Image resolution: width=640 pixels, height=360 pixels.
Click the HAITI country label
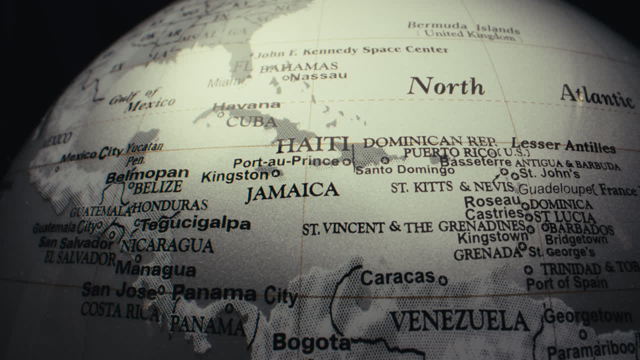pyautogui.click(x=313, y=145)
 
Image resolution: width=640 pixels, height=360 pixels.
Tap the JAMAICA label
pyautogui.click(x=292, y=191)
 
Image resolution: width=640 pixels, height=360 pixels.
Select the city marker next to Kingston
pyautogui.click(x=275, y=173)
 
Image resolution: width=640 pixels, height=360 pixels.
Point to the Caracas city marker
pyautogui.click(x=442, y=280)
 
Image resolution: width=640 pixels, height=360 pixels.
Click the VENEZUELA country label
pyautogui.click(x=459, y=321)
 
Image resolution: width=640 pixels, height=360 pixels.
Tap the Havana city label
pyautogui.click(x=246, y=105)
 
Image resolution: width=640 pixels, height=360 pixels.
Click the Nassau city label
pyautogui.click(x=318, y=76)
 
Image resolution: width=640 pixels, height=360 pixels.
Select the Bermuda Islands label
pyautogui.click(x=463, y=26)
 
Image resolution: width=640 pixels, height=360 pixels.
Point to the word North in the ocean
pyautogui.click(x=446, y=86)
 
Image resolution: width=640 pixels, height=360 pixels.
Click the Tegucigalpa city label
pyautogui.click(x=195, y=224)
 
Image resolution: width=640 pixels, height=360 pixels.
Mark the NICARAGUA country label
pyautogui.click(x=167, y=245)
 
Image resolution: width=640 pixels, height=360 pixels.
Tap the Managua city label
pyautogui.click(x=155, y=270)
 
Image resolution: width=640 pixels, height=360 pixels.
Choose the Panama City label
pyautogui.click(x=234, y=295)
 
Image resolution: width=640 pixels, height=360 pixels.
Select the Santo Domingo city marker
pyautogui.click(x=385, y=160)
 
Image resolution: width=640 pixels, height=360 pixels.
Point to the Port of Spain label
pyautogui.click(x=567, y=283)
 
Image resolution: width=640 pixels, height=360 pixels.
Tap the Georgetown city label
pyautogui.click(x=587, y=316)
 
